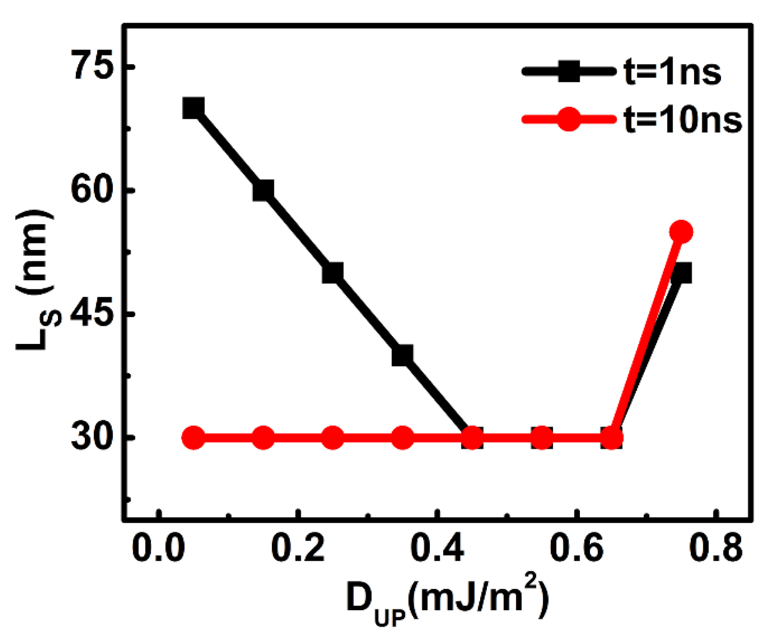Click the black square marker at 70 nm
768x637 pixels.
pyautogui.click(x=193, y=108)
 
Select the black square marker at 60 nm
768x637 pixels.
pyautogui.click(x=263, y=190)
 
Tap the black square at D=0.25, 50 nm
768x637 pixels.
pyautogui.click(x=332, y=273)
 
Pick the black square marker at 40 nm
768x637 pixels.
pyautogui.click(x=402, y=355)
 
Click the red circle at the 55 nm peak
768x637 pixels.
pyautogui.click(x=681, y=232)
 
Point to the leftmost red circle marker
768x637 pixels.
pyautogui.click(x=193, y=437)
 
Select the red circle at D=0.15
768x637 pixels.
pyautogui.click(x=263, y=437)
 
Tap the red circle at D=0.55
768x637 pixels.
pyautogui.click(x=542, y=437)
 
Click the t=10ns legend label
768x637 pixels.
pyautogui.click(x=683, y=120)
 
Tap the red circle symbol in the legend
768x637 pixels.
pyautogui.click(x=569, y=119)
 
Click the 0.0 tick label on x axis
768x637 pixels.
pyautogui.click(x=158, y=548)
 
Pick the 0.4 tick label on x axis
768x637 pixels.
pyautogui.click(x=437, y=548)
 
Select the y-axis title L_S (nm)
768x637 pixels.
pyautogui.click(x=36, y=281)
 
